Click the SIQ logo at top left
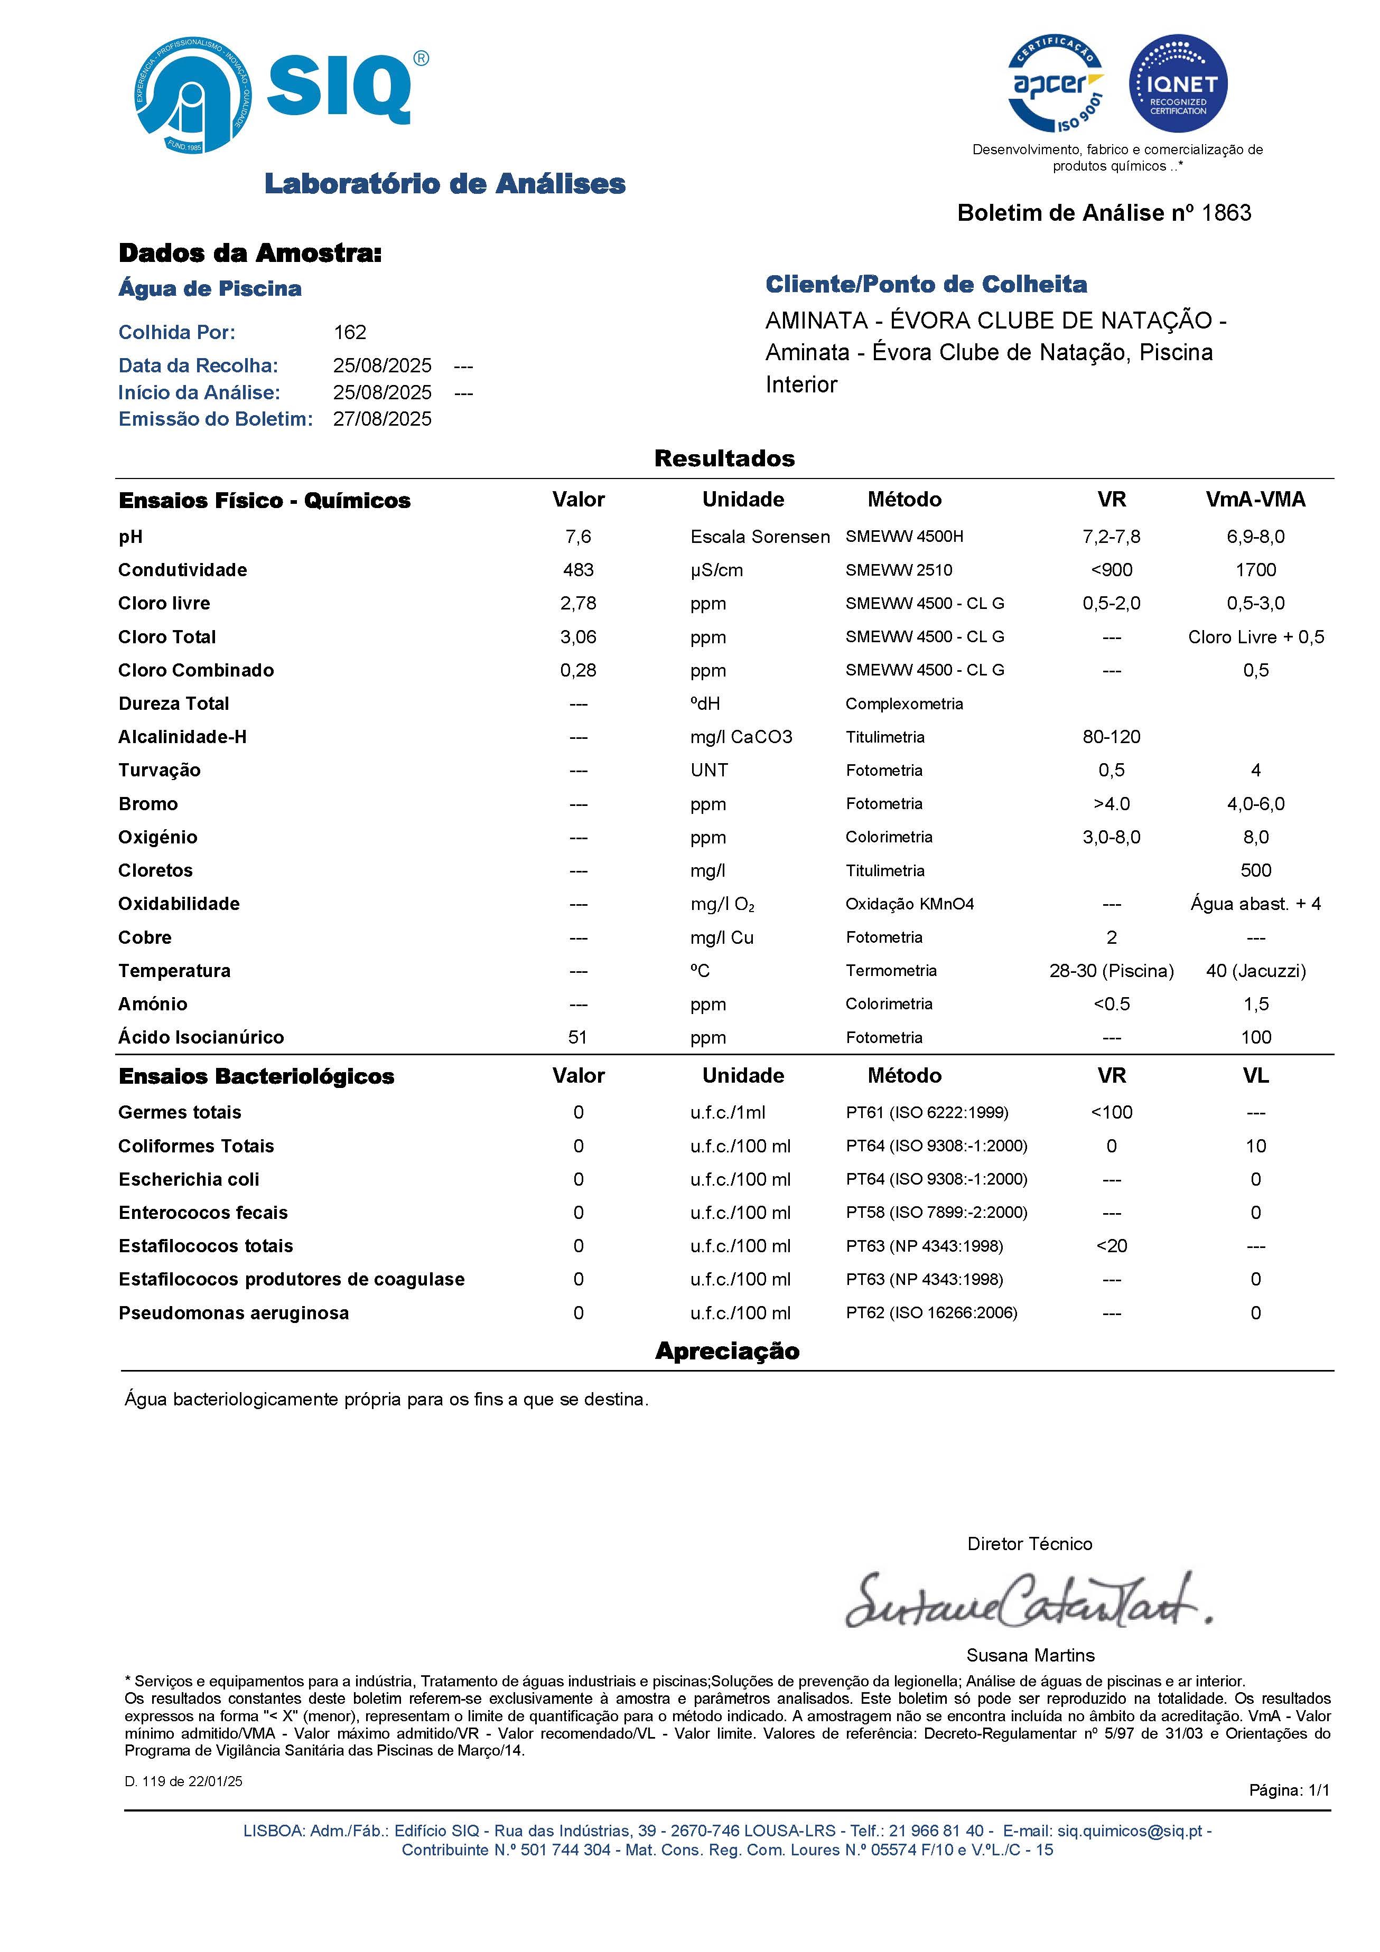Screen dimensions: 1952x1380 click(281, 93)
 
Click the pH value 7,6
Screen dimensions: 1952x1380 click(578, 537)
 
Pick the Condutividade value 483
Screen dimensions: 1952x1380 click(578, 570)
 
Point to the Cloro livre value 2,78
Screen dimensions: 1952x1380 click(578, 603)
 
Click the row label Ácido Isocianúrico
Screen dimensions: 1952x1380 click(201, 1037)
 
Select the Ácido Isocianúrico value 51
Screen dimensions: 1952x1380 click(578, 1037)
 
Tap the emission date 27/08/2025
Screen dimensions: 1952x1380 click(382, 419)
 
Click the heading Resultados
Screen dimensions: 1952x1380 click(724, 458)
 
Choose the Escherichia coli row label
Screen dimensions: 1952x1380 click(189, 1179)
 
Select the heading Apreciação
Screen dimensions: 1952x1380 click(727, 1351)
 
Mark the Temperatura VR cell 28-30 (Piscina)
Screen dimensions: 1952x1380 click(1111, 971)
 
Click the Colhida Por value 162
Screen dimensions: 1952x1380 click(349, 332)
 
